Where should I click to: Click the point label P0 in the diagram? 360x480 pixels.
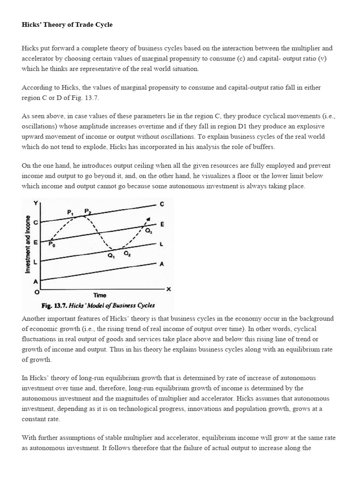point(52,244)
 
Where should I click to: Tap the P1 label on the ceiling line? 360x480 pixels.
point(71,212)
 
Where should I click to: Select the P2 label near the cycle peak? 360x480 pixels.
point(88,211)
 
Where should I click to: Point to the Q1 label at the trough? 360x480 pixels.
point(111,255)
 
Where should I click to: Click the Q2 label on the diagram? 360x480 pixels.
point(127,253)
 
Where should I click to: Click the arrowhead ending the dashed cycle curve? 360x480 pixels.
point(149,219)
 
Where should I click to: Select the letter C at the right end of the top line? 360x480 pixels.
point(162,204)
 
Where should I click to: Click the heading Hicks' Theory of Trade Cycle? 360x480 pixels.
point(67,24)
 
